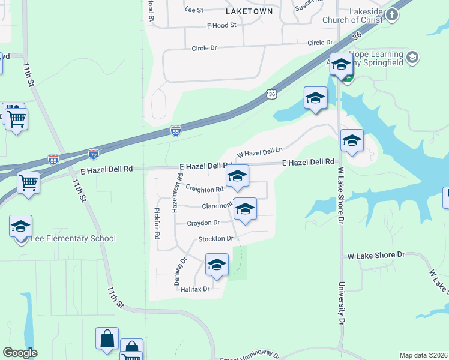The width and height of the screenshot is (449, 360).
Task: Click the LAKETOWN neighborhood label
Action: click(249, 11)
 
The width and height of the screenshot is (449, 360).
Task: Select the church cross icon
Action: click(392, 14)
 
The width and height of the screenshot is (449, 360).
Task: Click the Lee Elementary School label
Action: click(65, 239)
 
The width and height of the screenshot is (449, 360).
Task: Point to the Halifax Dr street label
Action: click(194, 289)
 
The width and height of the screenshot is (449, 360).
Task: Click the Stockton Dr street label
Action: click(215, 239)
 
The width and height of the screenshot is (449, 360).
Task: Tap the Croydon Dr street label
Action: click(203, 223)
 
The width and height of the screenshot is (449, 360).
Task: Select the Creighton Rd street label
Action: click(204, 190)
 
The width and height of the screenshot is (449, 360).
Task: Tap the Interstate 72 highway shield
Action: click(93, 154)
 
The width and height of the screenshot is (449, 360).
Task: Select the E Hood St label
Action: click(221, 26)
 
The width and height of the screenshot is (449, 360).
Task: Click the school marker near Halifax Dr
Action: click(217, 265)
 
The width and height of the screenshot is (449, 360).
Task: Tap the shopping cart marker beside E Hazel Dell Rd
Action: click(28, 182)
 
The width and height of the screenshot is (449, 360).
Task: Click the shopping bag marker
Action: click(107, 338)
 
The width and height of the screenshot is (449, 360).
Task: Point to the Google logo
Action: click(20, 353)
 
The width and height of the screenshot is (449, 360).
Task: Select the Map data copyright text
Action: click(423, 355)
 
